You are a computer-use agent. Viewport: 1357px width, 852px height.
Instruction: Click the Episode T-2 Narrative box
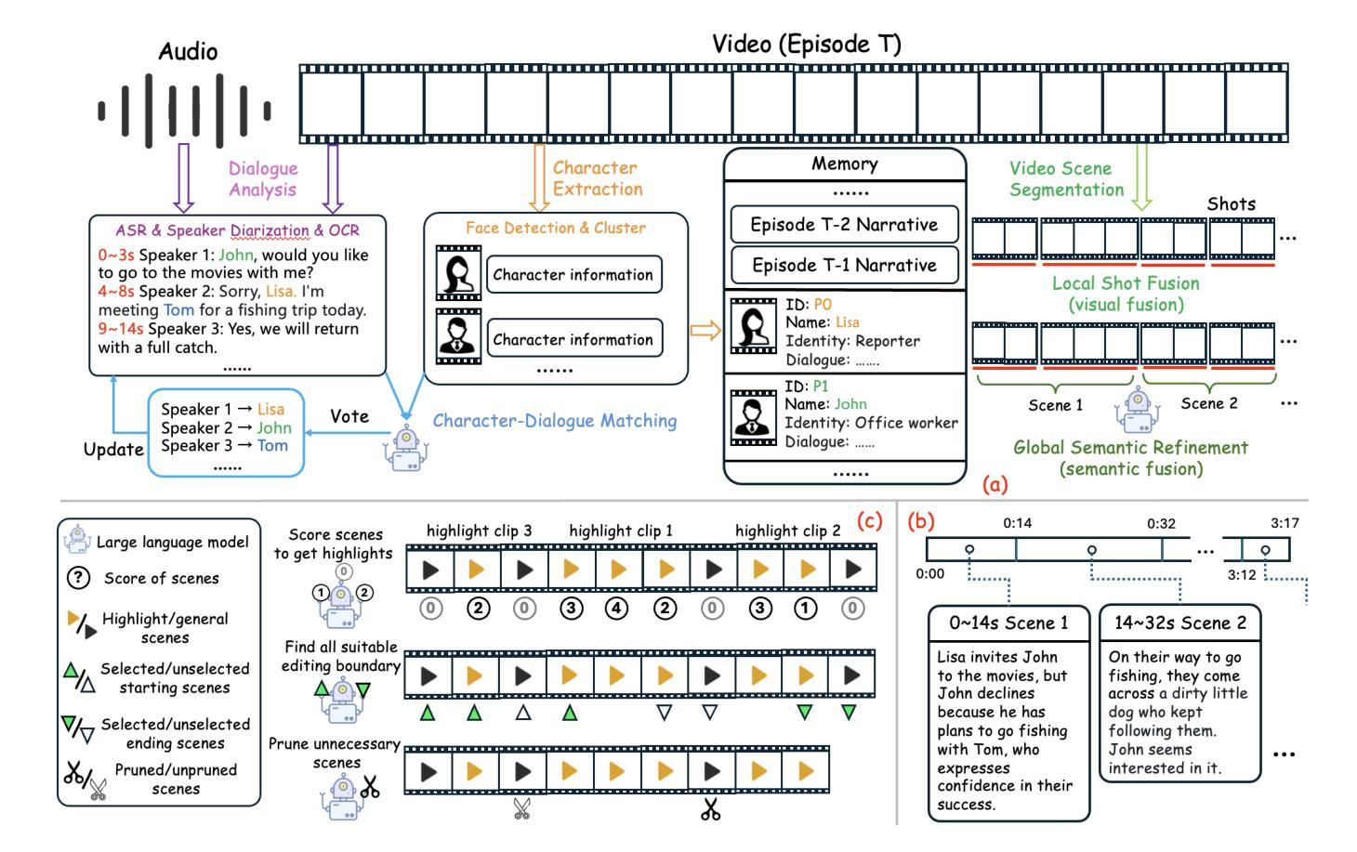click(x=845, y=225)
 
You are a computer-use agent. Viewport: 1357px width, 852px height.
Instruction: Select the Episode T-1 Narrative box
click(x=845, y=265)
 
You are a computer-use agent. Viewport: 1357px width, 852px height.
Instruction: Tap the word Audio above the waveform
click(x=188, y=51)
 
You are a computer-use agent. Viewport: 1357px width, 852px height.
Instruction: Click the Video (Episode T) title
click(x=807, y=45)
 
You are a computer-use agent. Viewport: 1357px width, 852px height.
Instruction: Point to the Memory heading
click(x=845, y=164)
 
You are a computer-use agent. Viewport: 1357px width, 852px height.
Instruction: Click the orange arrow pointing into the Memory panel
click(x=705, y=331)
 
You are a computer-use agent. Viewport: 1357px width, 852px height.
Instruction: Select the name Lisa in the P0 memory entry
click(x=847, y=322)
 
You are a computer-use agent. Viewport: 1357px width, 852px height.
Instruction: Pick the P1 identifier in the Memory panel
click(x=821, y=387)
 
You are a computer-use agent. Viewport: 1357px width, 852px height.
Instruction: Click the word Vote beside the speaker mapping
click(x=349, y=416)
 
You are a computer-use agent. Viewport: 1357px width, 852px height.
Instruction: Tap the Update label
click(x=113, y=450)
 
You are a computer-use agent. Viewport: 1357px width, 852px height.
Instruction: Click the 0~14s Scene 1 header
click(x=1008, y=623)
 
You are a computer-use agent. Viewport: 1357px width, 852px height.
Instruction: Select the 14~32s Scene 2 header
click(x=1180, y=623)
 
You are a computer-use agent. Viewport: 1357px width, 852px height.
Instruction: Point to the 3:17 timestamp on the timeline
click(x=1285, y=523)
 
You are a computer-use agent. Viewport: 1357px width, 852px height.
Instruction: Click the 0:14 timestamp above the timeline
click(x=1017, y=523)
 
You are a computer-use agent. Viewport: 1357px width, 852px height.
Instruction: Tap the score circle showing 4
click(x=617, y=608)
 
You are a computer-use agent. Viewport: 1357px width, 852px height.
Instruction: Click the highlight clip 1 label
click(x=621, y=531)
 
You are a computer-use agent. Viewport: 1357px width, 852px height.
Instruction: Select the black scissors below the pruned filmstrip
click(x=711, y=809)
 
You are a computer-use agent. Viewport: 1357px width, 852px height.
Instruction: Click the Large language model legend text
click(x=173, y=542)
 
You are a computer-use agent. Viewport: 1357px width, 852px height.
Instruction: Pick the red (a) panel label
click(x=995, y=484)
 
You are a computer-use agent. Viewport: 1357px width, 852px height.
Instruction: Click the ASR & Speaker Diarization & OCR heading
click(x=238, y=230)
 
